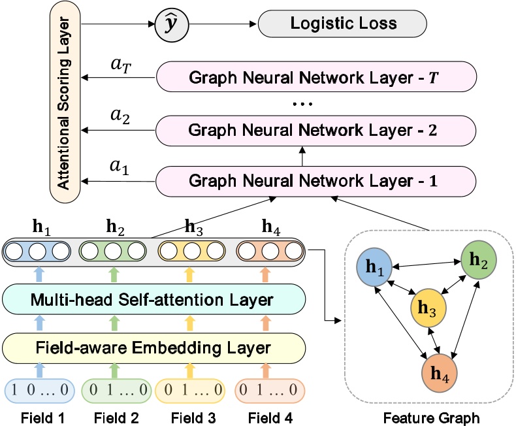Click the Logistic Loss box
[x=342, y=24]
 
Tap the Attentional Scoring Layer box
[x=64, y=103]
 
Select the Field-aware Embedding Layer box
[x=154, y=345]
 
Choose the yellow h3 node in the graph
[x=428, y=308]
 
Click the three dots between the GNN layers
[x=304, y=103]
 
